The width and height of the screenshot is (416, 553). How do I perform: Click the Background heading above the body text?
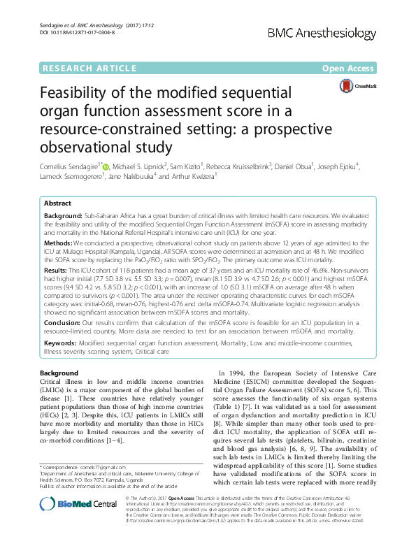coord(59,373)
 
